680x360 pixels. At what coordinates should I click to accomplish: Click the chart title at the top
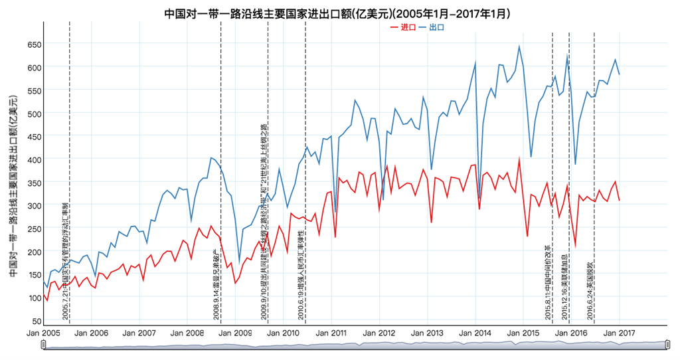(341, 13)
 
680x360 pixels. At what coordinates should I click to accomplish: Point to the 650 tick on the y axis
(33, 44)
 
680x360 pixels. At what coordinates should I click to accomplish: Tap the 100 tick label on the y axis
(33, 298)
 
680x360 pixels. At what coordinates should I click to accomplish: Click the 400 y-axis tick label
(33, 159)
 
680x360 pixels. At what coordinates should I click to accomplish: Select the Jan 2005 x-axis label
(43, 333)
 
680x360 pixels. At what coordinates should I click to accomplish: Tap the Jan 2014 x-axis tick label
(475, 333)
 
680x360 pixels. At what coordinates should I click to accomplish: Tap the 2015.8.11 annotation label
(548, 283)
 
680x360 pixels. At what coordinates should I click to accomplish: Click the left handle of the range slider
(44, 344)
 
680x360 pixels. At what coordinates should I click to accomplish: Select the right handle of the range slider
(667, 344)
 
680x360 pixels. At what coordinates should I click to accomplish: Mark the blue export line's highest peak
(519, 46)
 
